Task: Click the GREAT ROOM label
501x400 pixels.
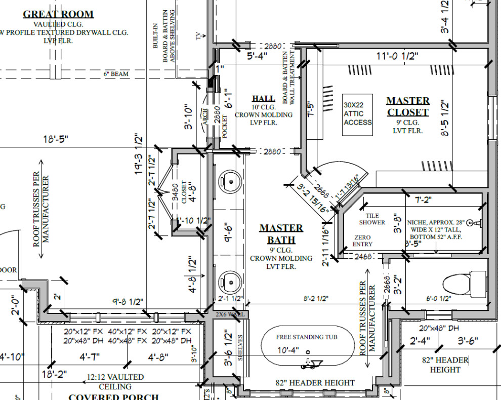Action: tap(58, 14)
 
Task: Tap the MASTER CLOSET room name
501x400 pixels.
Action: tap(407, 106)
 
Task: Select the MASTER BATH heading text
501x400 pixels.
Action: tap(281, 234)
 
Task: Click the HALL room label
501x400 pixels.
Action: tap(263, 98)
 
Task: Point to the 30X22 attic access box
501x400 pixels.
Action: tap(357, 114)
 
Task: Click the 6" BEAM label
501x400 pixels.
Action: tap(116, 74)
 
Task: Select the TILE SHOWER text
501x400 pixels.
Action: tap(372, 219)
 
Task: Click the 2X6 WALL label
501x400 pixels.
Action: tap(230, 314)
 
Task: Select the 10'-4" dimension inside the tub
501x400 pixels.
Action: tap(288, 350)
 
